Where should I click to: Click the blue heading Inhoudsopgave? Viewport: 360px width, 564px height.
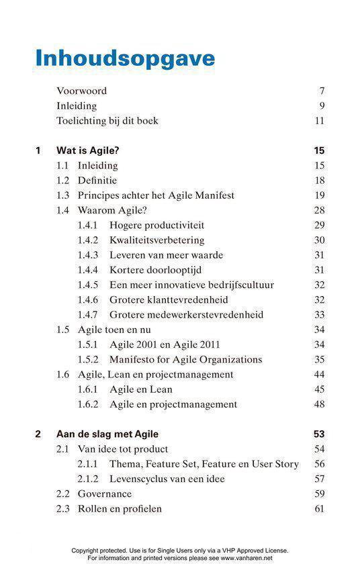[x=125, y=58]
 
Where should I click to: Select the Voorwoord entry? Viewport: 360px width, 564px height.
[x=81, y=91]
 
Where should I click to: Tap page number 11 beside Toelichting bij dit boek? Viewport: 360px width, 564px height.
[x=319, y=121]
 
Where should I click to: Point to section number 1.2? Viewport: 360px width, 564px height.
[x=63, y=181]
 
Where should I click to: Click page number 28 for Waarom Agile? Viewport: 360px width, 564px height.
[x=319, y=210]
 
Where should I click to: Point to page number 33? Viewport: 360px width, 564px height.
[x=319, y=315]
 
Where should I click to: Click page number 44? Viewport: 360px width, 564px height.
[x=319, y=374]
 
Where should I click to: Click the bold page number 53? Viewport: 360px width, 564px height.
[x=319, y=434]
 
